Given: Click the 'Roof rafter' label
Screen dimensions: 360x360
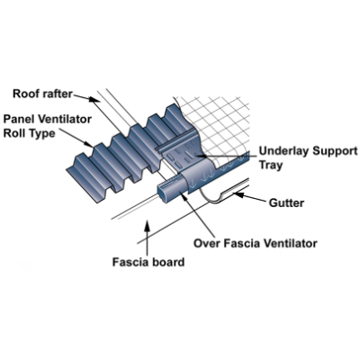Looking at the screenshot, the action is [x=42, y=94].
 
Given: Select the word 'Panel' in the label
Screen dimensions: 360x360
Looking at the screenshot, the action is [x=18, y=119].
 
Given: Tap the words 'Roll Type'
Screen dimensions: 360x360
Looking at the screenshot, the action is [x=29, y=133].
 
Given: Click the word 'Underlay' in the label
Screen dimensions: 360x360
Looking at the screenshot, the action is [x=283, y=151].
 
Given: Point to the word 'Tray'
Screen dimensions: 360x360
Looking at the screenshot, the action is [x=271, y=165].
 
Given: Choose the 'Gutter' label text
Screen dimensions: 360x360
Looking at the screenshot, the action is [x=286, y=203].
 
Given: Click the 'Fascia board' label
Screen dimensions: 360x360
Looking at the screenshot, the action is [x=148, y=262].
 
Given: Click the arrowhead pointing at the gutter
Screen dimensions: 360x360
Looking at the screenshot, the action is [x=238, y=195].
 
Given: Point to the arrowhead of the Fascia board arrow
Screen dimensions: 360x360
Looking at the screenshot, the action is [x=147, y=225].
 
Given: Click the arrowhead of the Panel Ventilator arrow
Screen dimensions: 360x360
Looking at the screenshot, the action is [x=89, y=145].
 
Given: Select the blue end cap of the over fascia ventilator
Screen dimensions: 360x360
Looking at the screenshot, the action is [x=164, y=194].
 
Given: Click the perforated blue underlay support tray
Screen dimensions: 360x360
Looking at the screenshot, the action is [x=179, y=153].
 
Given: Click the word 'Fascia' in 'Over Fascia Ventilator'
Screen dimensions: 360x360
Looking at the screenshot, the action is [x=241, y=243].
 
